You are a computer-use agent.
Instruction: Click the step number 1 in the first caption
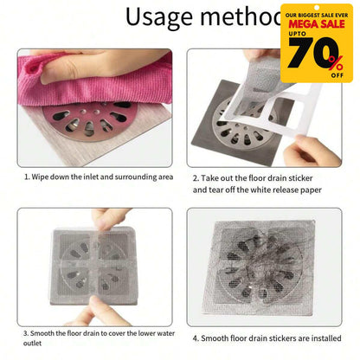(28, 177)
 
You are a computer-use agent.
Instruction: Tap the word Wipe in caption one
(46, 177)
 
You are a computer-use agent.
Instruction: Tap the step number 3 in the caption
(28, 332)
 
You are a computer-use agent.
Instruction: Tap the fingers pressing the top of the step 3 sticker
(104, 218)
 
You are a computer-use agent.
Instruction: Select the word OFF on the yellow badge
(337, 74)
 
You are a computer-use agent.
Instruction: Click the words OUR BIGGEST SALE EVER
(315, 15)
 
